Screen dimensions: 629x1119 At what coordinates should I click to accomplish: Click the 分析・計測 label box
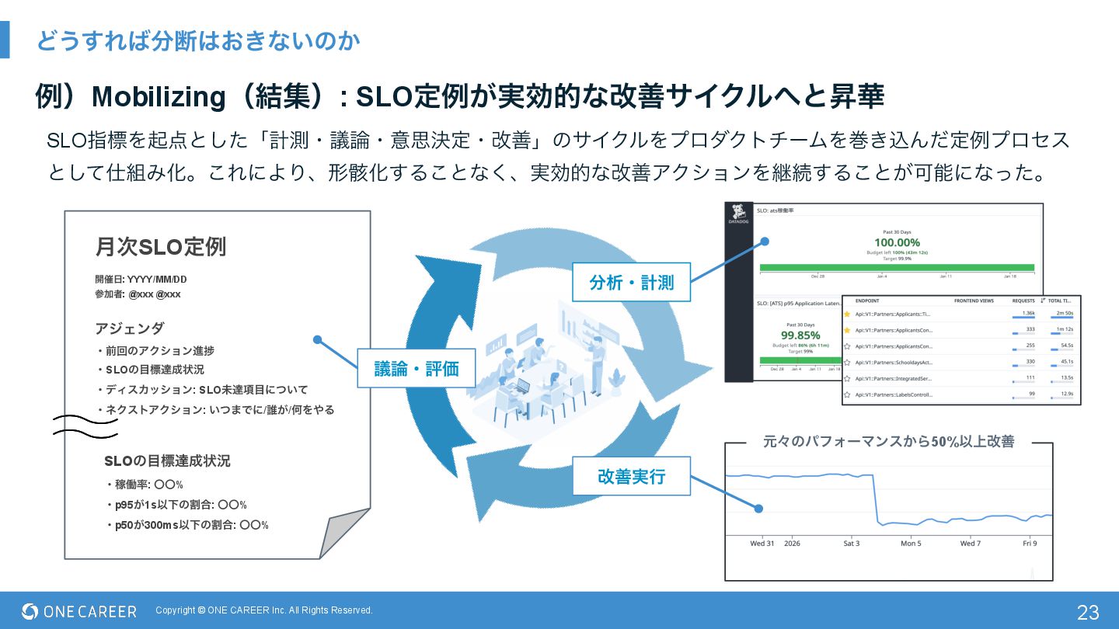pyautogui.click(x=631, y=283)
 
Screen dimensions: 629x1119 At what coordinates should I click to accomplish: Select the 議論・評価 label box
pyautogui.click(x=417, y=369)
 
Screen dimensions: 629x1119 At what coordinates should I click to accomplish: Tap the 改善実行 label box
pyautogui.click(x=631, y=476)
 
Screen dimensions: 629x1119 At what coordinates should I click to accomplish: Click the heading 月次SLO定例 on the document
pyautogui.click(x=160, y=247)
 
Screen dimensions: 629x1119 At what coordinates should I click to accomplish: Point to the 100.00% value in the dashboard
pyautogui.click(x=897, y=242)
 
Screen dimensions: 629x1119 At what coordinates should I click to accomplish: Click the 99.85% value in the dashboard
pyautogui.click(x=800, y=335)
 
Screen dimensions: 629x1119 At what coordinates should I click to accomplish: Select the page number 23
pyautogui.click(x=1088, y=612)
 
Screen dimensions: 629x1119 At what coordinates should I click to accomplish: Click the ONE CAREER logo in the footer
pyautogui.click(x=79, y=611)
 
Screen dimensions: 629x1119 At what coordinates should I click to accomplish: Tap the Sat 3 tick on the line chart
pyautogui.click(x=852, y=544)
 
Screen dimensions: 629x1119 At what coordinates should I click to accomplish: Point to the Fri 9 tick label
pyautogui.click(x=1030, y=544)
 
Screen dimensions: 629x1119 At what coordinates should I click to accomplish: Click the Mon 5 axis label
pyautogui.click(x=911, y=544)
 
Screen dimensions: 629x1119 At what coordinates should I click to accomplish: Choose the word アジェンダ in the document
pyautogui.click(x=130, y=328)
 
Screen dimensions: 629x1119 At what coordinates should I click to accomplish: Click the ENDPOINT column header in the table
pyautogui.click(x=867, y=300)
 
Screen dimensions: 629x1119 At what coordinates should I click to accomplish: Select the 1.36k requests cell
pyautogui.click(x=1028, y=313)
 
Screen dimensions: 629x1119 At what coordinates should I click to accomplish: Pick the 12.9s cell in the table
pyautogui.click(x=1067, y=394)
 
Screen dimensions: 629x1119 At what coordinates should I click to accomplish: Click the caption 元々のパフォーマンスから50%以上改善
pyautogui.click(x=888, y=442)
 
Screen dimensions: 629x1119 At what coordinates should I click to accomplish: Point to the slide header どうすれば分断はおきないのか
pyautogui.click(x=198, y=40)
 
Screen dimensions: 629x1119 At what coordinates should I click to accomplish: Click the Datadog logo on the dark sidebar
pyautogui.click(x=738, y=214)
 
